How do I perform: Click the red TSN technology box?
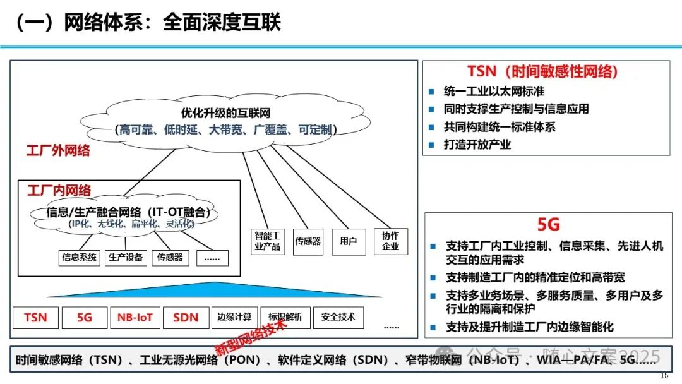[x=35, y=318]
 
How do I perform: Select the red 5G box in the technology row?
[x=85, y=318]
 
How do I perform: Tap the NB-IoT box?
[x=135, y=318]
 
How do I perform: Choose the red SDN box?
[x=186, y=318]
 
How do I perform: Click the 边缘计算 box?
[x=234, y=317]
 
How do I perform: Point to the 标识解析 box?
[x=285, y=317]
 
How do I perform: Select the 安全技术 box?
[x=338, y=317]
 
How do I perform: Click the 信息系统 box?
[x=79, y=258]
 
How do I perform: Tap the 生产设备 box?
[x=126, y=258]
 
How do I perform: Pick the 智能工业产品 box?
[x=266, y=241]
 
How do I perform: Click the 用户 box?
[x=349, y=241]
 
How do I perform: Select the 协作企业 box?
[x=391, y=241]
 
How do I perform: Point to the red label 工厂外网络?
[x=58, y=150]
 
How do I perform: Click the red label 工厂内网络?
[x=59, y=190]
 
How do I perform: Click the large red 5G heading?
[x=549, y=225]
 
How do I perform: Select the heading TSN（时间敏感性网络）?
[x=542, y=71]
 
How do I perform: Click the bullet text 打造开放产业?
[x=477, y=145]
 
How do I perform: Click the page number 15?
[x=664, y=376]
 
